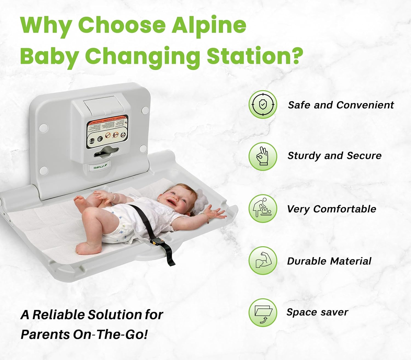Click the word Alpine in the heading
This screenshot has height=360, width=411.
tap(209, 25)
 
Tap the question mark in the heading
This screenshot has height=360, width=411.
tap(295, 56)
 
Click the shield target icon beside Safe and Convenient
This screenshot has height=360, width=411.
tap(263, 104)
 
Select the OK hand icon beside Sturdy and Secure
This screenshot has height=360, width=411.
tap(263, 156)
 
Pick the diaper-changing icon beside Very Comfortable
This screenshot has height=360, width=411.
tap(263, 208)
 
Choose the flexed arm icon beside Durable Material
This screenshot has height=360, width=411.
tap(263, 260)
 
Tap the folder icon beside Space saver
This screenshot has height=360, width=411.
tap(263, 313)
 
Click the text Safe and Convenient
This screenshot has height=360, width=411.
tap(341, 105)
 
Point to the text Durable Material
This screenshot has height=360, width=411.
tap(329, 261)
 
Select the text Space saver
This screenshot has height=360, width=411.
tap(317, 312)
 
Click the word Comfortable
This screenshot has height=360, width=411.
tap(345, 209)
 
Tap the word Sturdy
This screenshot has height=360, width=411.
tap(304, 156)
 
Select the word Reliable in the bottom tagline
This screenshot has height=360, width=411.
tap(59, 315)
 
